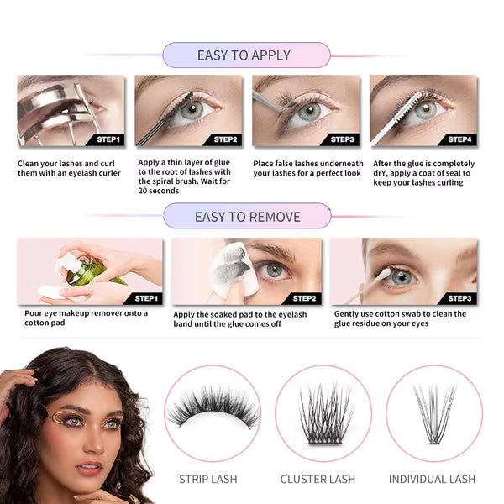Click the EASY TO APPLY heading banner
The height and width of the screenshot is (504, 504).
pyautogui.click(x=244, y=55)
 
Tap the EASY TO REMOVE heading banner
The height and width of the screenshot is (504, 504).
pyautogui.click(x=246, y=216)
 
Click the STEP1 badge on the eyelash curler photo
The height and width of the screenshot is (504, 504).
pyautogui.click(x=108, y=139)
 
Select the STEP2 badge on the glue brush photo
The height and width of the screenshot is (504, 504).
pyautogui.click(x=225, y=139)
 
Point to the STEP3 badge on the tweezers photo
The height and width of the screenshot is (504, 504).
pyautogui.click(x=342, y=139)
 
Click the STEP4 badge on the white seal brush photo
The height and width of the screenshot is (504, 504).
pyautogui.click(x=459, y=139)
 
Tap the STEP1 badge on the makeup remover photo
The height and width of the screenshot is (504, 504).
pyautogui.click(x=145, y=297)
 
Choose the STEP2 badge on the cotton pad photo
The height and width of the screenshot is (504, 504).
pyautogui.click(x=303, y=297)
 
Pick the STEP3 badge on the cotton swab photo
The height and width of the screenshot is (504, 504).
pyautogui.click(x=459, y=297)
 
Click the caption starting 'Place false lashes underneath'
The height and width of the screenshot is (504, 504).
pyautogui.click(x=308, y=168)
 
